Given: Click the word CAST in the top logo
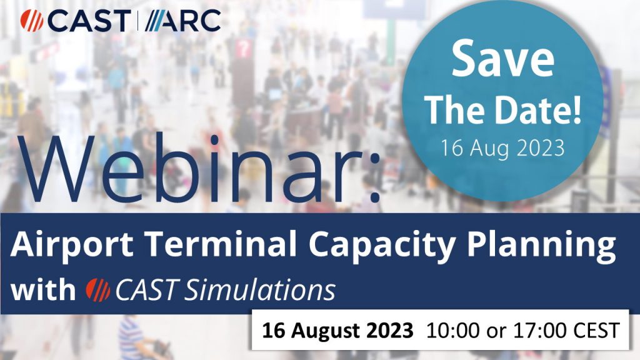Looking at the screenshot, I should tap(88, 21).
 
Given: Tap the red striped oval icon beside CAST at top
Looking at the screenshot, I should tap(31, 21).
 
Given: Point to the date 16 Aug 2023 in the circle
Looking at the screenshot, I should tap(503, 149).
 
